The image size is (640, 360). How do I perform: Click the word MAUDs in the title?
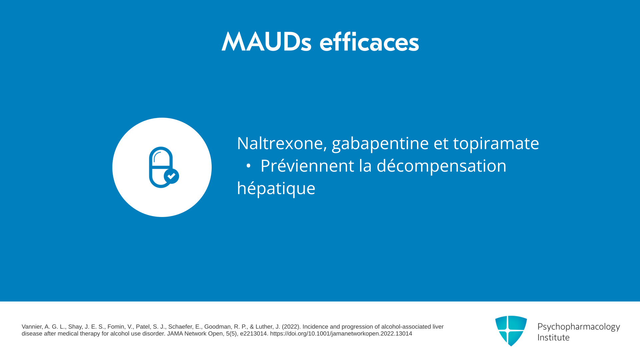click(266, 42)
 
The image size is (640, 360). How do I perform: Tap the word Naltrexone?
click(282, 143)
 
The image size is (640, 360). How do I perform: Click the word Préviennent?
click(307, 166)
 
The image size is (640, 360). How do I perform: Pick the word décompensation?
click(441, 166)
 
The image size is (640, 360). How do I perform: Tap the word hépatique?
click(276, 189)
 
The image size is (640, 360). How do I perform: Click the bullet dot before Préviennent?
click(248, 166)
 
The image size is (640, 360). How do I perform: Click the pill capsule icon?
click(161, 167)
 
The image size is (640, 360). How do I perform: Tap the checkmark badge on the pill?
click(171, 176)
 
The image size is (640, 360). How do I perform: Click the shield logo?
click(511, 331)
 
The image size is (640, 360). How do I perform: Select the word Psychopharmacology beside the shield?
click(579, 327)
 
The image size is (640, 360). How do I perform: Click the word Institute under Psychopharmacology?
click(553, 337)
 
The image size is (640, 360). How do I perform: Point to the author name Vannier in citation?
click(32, 327)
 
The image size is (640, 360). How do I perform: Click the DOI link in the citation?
click(341, 334)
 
